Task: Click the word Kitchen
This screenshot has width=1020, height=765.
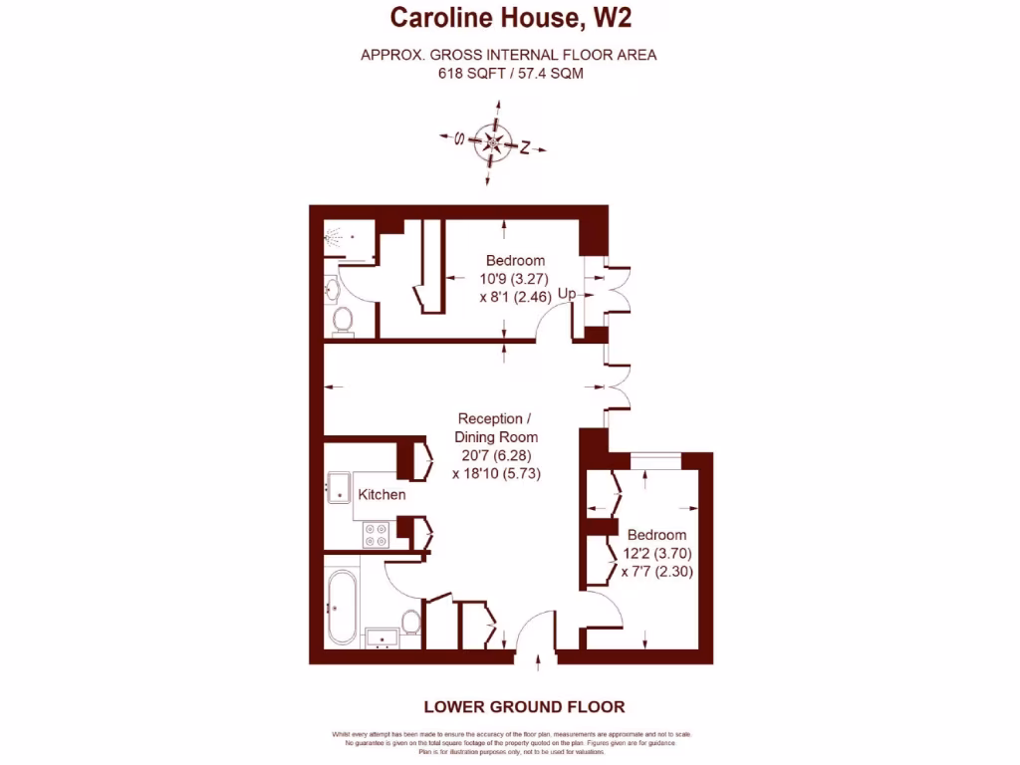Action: click(382, 494)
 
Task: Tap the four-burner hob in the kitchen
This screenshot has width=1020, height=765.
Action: click(377, 535)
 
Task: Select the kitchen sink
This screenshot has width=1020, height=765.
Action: click(337, 488)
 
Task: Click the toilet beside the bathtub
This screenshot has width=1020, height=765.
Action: click(410, 622)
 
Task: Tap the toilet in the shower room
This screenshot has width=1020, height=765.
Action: click(343, 319)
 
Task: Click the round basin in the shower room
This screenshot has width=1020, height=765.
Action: click(332, 290)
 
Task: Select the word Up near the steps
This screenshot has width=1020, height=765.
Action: click(567, 294)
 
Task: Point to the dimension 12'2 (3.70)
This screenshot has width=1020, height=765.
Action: click(656, 553)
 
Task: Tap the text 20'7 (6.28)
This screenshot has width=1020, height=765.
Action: click(496, 455)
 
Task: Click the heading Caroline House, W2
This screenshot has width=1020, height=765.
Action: click(510, 17)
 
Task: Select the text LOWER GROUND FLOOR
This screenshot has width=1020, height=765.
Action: click(524, 707)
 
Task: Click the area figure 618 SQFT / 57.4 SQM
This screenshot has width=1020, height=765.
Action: click(509, 74)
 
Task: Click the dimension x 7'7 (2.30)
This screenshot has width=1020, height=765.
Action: click(656, 572)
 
